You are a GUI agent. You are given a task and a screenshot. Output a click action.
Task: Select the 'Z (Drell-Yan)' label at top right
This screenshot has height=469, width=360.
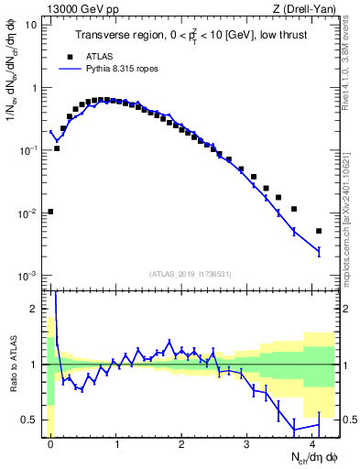pyautogui.click(x=305, y=7)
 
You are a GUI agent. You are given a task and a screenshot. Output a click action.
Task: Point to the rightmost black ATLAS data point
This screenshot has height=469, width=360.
pyautogui.click(x=319, y=231)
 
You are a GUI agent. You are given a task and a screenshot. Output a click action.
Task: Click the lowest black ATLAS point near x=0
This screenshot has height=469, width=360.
pyautogui.click(x=50, y=212)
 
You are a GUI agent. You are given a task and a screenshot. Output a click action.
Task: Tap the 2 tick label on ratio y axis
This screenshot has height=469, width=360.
pyautogui.click(x=34, y=310)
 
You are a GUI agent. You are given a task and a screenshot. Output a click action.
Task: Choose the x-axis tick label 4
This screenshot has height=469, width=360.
pyautogui.click(x=313, y=442)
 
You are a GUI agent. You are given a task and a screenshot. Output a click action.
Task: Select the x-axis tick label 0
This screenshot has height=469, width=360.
pyautogui.click(x=50, y=442)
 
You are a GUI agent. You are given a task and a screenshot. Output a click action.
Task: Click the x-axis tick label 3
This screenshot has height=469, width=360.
pyautogui.click(x=247, y=442)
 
